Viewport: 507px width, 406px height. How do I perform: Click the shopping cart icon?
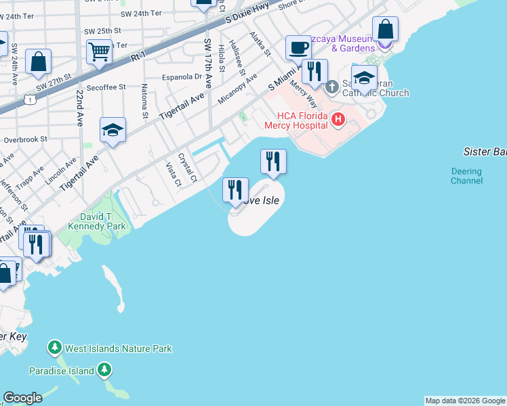coord(100,51)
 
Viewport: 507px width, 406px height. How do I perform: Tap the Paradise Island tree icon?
coord(104,370)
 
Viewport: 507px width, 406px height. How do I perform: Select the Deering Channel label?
coord(466,176)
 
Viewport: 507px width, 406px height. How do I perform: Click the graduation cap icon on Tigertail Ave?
coord(113,131)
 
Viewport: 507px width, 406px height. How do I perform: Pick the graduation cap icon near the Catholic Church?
coord(364,78)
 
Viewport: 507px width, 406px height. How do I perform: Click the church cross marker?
coord(332,87)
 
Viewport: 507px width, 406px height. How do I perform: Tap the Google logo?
coord(22,398)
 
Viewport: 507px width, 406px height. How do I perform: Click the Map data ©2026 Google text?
coord(465,401)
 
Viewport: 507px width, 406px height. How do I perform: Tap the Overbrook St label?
coord(24,139)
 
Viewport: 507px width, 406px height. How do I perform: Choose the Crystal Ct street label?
coord(187,168)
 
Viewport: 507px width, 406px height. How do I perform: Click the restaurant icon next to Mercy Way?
coord(315,71)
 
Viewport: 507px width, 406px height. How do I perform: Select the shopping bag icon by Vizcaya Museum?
coord(385,30)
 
